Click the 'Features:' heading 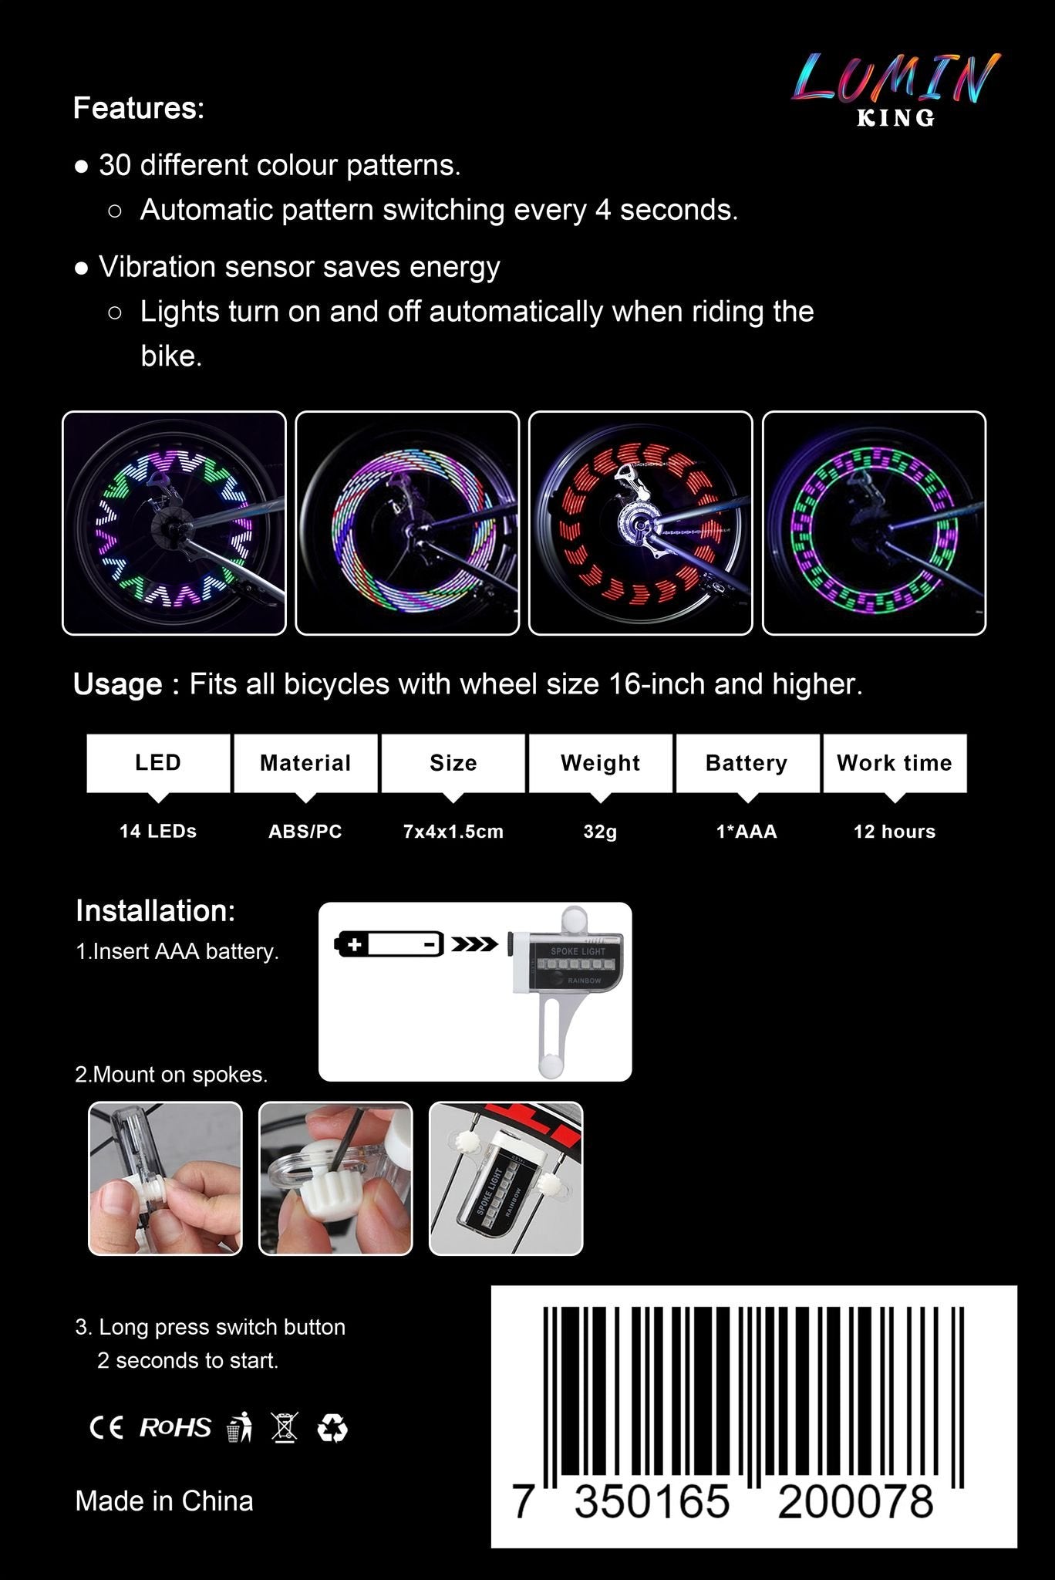coord(139,108)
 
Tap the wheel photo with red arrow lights coord(640,523)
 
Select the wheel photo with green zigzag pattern coord(174,523)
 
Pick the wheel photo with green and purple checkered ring coord(874,523)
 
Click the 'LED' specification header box coord(158,763)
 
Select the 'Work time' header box coord(895,763)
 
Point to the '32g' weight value coord(600,832)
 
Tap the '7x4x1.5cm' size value coord(453,832)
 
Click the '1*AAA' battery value coord(747,832)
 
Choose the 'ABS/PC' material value coord(305,832)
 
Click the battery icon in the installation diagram coord(389,944)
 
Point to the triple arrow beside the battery coord(474,944)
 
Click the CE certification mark coord(106,1428)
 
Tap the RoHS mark coord(175,1428)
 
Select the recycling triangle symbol coord(332,1429)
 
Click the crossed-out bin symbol coord(285,1428)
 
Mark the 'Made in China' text coord(164,1501)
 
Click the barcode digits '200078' coord(855,1502)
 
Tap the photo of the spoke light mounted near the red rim coord(506,1178)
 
